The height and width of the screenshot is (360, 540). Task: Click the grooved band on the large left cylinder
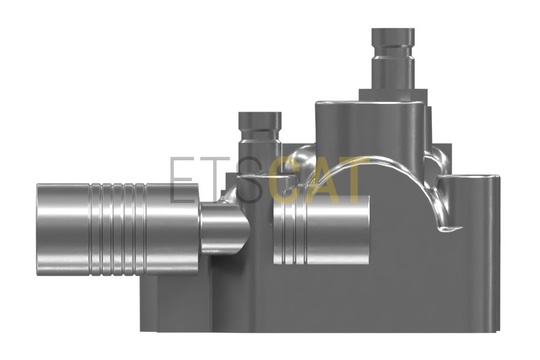[x=118, y=230]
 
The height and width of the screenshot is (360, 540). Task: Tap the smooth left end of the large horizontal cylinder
[x=63, y=230]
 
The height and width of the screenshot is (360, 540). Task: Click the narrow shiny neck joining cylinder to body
[x=224, y=228]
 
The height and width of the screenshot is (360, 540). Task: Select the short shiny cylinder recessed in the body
[x=321, y=229]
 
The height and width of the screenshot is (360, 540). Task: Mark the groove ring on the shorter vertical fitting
[x=260, y=132]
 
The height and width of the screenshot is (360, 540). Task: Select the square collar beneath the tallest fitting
[x=393, y=95]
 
